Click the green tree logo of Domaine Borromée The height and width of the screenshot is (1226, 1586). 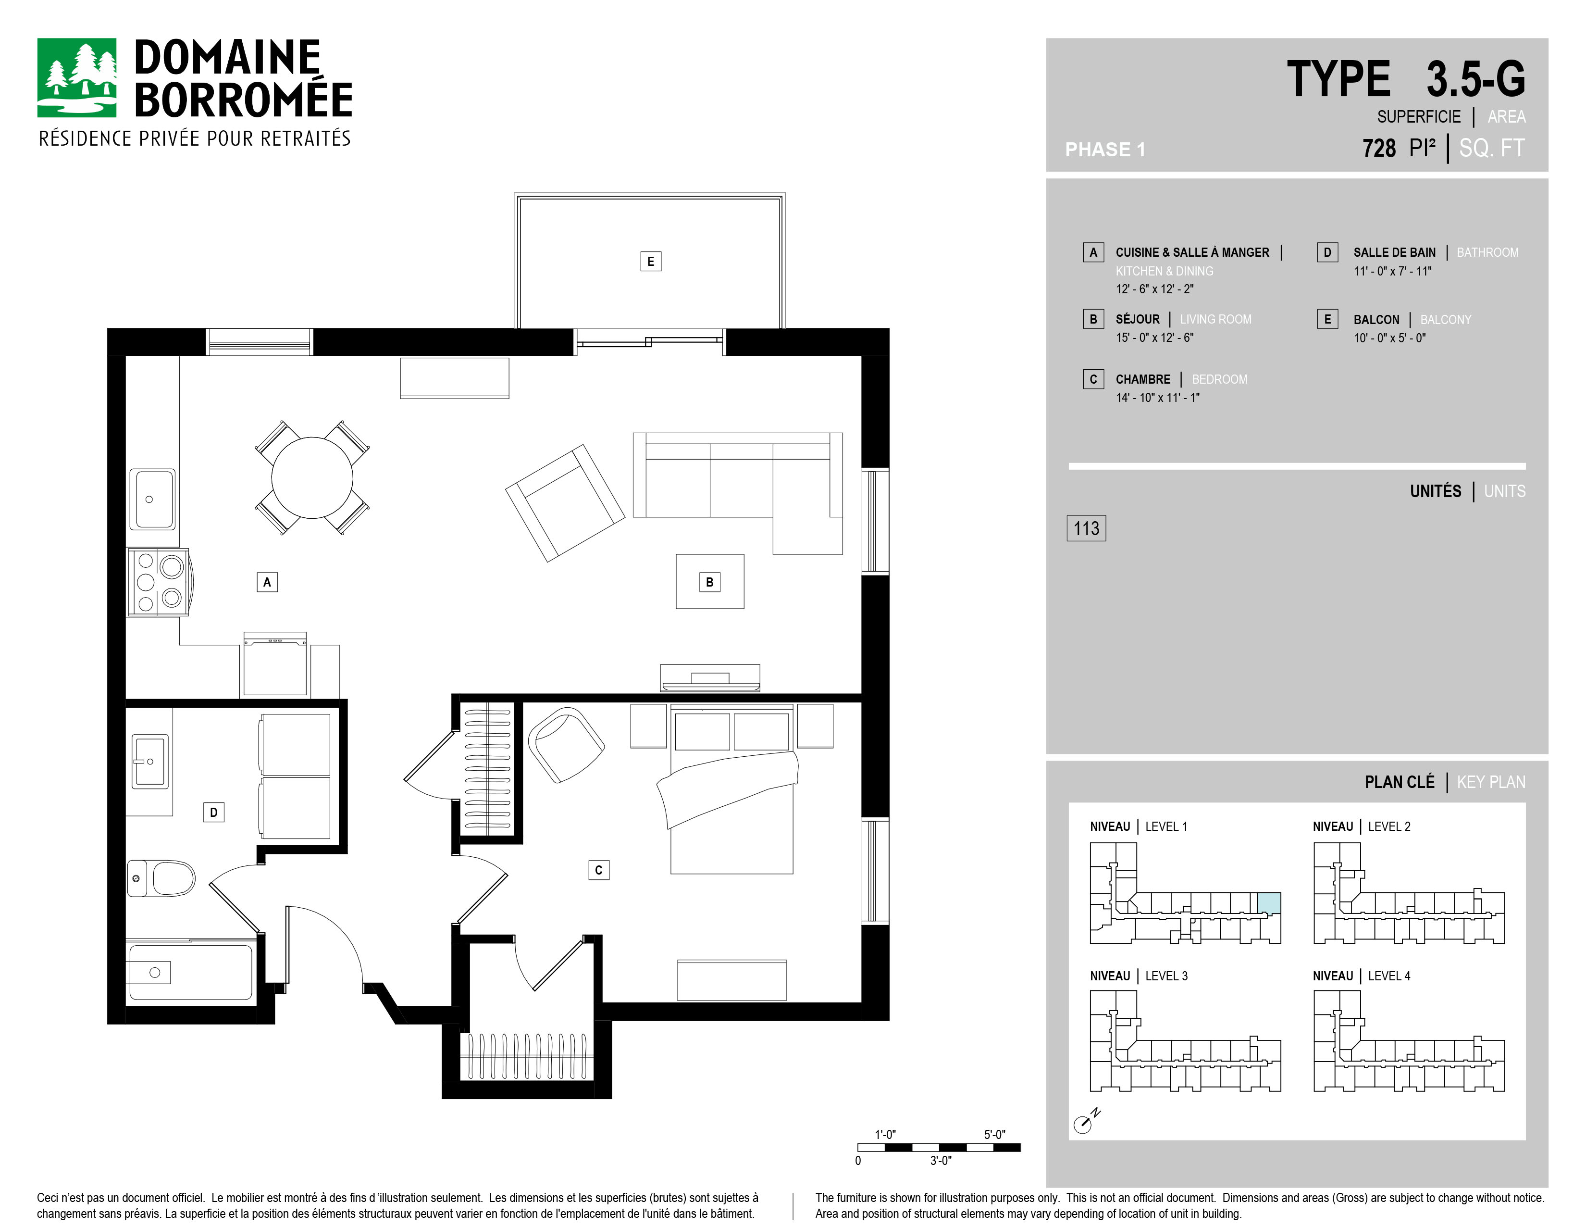76,78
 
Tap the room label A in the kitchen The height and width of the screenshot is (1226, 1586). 267,582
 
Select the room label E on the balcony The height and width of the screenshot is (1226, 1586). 651,262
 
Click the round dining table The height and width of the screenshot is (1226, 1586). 312,478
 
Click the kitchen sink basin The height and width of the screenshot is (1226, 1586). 152,500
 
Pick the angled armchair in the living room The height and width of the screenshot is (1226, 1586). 565,502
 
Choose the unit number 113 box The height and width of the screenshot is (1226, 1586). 1086,528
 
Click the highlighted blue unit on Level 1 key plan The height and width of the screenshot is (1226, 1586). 1269,903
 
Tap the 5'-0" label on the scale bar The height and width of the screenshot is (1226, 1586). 995,1135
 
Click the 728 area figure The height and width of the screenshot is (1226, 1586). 1379,148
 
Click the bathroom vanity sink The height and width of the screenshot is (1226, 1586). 149,761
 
